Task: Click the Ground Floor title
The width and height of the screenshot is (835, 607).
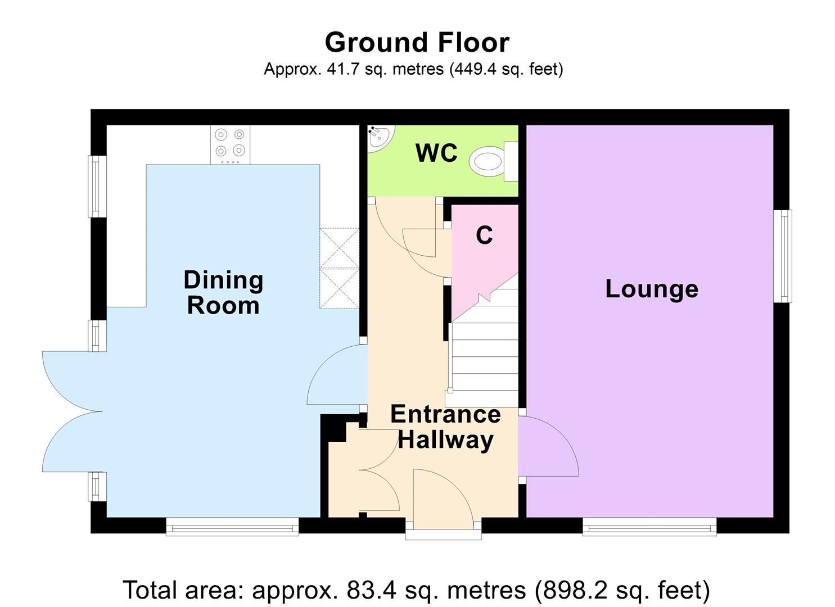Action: coord(417,43)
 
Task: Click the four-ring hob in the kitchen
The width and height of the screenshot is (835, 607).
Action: coord(230,143)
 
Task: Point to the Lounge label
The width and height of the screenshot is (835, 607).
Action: coord(651,289)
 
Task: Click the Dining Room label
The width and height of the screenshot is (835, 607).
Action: coord(223,292)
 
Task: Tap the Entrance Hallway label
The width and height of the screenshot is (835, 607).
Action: coord(445,427)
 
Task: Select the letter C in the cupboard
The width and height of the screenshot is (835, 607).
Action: coord(484,235)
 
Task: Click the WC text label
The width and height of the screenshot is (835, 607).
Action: coord(436,153)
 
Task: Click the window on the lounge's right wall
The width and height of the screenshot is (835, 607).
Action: coord(782,256)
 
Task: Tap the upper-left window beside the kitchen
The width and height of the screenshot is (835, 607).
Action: coord(97,186)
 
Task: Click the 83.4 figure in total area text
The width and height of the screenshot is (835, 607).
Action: coord(366,590)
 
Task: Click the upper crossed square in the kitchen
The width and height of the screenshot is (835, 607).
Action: coord(339,248)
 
